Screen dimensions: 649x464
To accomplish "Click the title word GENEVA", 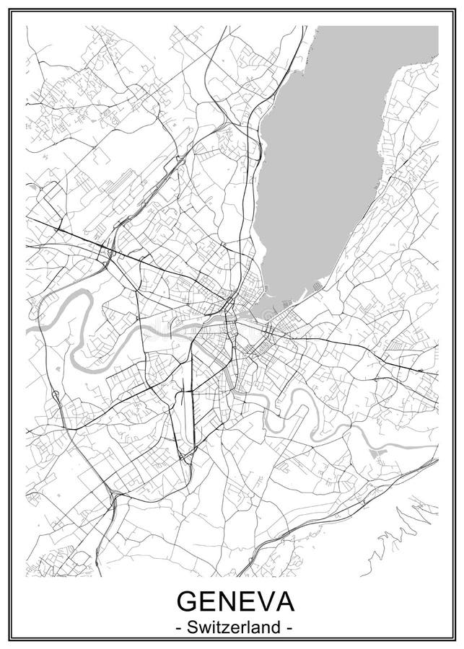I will click(232, 601).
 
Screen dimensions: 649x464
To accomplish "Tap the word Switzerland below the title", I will click(232, 627).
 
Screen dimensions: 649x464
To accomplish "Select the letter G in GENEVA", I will click(187, 601).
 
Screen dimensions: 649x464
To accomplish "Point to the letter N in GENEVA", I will click(224, 601).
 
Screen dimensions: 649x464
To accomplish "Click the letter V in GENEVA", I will click(261, 601).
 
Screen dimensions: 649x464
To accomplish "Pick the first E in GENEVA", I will click(206, 601).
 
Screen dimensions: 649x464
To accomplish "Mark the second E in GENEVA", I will click(242, 601).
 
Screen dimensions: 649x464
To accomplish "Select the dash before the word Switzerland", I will click(178, 628).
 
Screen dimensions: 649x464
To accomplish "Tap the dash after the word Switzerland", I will click(287, 628).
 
